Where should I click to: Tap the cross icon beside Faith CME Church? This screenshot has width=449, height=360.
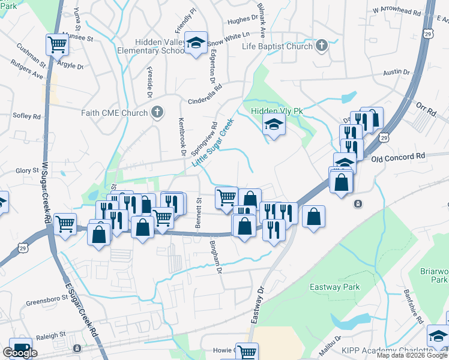pyautogui.click(x=157, y=112)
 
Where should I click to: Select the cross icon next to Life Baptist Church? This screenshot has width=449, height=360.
pyautogui.click(x=322, y=46)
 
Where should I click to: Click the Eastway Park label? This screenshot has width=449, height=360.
pyautogui.click(x=334, y=287)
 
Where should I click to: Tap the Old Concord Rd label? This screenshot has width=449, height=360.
pyautogui.click(x=398, y=156)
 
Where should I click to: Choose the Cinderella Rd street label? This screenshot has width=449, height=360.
pyautogui.click(x=205, y=86)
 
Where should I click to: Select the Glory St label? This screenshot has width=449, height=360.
pyautogui.click(x=28, y=170)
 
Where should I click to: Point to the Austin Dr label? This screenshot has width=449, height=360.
pyautogui.click(x=396, y=72)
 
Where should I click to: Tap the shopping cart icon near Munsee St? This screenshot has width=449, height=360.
pyautogui.click(x=57, y=44)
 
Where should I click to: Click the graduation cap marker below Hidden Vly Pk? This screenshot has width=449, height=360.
pyautogui.click(x=274, y=125)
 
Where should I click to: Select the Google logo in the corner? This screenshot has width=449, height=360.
pyautogui.click(x=20, y=353)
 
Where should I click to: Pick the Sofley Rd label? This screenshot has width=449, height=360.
pyautogui.click(x=28, y=116)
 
